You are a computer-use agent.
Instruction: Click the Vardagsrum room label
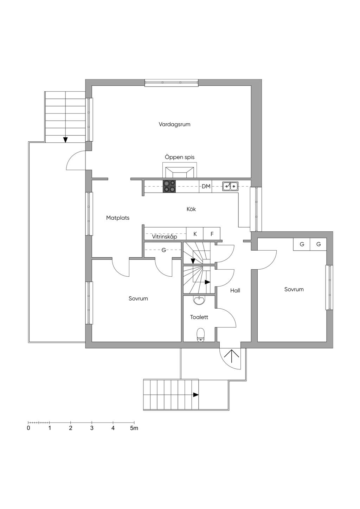click(174, 124)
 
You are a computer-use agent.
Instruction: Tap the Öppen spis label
click(180, 157)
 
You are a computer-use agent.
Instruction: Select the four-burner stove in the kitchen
click(169, 186)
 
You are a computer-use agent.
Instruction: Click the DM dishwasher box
click(206, 186)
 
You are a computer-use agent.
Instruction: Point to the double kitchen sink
click(231, 186)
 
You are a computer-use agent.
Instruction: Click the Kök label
click(191, 209)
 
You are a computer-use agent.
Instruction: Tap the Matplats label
click(118, 218)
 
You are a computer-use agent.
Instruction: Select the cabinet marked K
click(195, 234)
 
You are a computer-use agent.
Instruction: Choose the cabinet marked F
click(212, 234)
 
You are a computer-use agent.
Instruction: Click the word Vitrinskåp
click(165, 237)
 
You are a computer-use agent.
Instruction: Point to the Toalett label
click(199, 317)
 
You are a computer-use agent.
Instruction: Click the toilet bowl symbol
click(201, 335)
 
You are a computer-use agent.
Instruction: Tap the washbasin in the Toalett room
click(199, 300)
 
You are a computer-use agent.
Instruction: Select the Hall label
click(235, 290)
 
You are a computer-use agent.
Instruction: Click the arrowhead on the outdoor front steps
click(196, 395)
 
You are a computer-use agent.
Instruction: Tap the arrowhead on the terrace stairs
click(65, 140)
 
